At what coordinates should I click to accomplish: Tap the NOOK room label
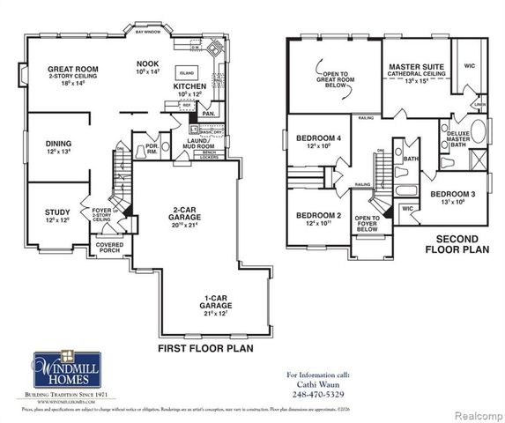click(147, 63)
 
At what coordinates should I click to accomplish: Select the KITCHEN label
click(189, 86)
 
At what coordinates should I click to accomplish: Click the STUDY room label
click(57, 211)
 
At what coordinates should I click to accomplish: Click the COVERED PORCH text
click(110, 247)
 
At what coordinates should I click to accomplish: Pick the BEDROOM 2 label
click(317, 216)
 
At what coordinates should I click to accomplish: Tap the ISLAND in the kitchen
click(187, 72)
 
